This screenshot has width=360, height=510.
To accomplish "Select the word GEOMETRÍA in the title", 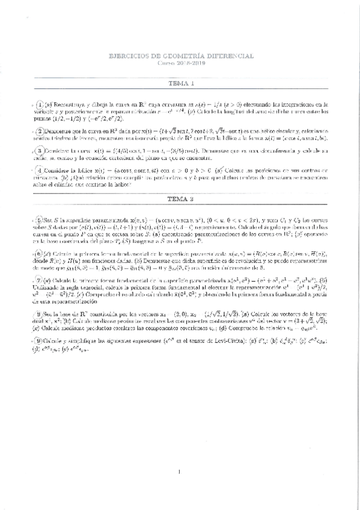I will point(183,56).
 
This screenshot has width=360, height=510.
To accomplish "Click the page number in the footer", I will point(180,473).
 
